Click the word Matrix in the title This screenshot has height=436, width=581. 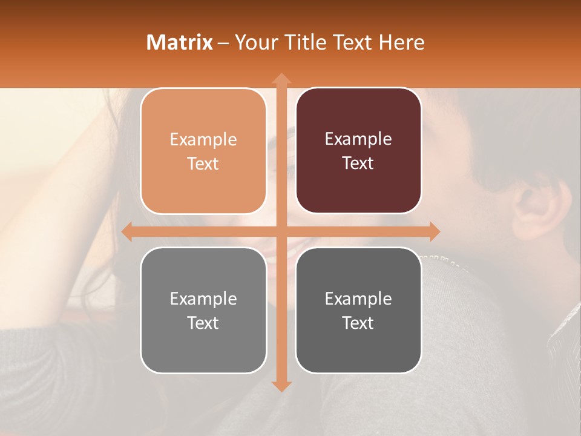[180, 42]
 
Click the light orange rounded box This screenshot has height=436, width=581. [203, 151]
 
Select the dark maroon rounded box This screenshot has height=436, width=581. [358, 151]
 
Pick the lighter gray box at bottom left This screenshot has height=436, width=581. [203, 310]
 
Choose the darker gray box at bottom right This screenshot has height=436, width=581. [358, 310]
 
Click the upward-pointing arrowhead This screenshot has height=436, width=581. [281, 78]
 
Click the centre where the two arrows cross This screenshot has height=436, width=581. [281, 231]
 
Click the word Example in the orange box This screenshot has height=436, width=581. [203, 139]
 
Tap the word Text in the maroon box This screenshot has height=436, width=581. [358, 163]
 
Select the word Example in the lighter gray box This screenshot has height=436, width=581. [203, 299]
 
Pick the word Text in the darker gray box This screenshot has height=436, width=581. [358, 323]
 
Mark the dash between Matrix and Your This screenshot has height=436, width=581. [223, 43]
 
